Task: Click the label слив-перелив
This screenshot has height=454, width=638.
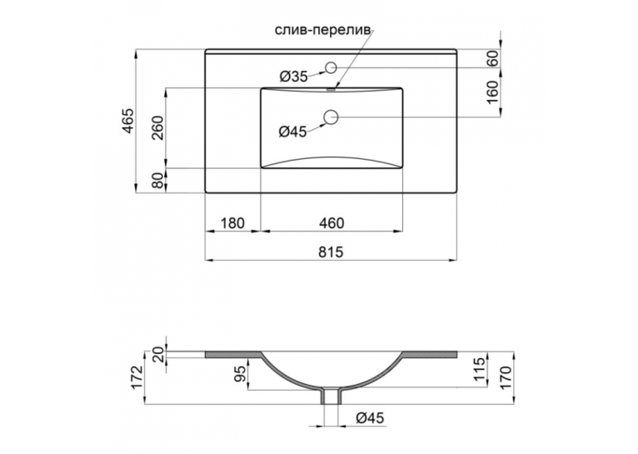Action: click(x=323, y=31)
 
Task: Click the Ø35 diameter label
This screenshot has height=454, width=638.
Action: click(x=293, y=76)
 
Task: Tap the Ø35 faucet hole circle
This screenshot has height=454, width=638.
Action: click(x=331, y=67)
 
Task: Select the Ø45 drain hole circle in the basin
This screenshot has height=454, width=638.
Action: click(x=331, y=117)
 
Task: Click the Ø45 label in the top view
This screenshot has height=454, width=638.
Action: click(x=292, y=132)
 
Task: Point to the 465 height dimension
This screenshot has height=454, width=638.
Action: click(x=127, y=121)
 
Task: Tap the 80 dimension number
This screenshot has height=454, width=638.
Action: click(x=158, y=181)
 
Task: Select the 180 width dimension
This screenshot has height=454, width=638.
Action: click(x=232, y=223)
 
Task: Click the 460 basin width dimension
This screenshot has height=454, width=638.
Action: click(x=331, y=223)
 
